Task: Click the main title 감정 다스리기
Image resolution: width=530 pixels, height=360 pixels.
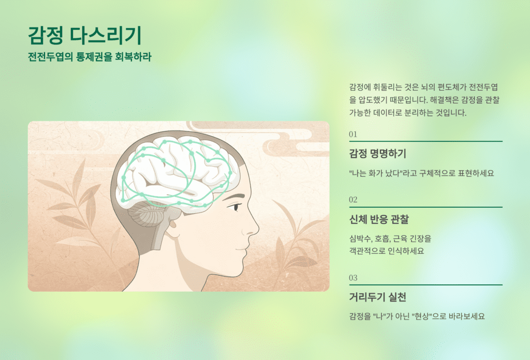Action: coord(84,35)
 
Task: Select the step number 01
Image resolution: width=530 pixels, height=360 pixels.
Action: coord(353,134)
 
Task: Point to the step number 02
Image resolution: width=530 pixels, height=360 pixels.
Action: coord(353,199)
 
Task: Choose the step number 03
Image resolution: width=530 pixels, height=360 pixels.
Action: coord(353,278)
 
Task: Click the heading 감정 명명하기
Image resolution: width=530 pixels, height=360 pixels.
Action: coord(378,154)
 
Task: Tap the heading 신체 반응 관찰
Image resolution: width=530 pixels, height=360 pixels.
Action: coord(379,220)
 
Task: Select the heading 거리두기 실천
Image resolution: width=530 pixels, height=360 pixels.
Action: coord(378,297)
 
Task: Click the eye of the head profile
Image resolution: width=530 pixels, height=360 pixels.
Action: coord(235,207)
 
